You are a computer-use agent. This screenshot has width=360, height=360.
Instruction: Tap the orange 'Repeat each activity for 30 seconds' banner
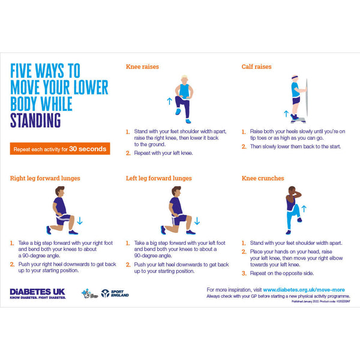point(59,149)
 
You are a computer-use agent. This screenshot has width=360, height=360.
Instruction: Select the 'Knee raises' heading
point(142,67)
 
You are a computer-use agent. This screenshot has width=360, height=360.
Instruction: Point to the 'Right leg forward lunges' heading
point(45,178)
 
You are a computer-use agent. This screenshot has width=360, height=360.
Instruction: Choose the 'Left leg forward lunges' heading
point(159,178)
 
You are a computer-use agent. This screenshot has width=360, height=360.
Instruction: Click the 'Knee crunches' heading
point(263,178)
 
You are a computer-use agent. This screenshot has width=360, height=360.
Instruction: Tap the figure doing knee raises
point(182,98)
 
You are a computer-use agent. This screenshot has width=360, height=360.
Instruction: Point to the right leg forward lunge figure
point(61,210)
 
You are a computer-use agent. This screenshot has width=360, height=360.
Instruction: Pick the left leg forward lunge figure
point(176,210)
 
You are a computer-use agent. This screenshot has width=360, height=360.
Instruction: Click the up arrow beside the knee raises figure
point(169,101)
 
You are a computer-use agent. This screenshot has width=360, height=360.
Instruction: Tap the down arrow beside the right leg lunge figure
point(80,221)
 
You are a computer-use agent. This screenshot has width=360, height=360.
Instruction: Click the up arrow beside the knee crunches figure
point(304,209)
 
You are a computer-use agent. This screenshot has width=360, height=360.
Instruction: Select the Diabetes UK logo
point(37,293)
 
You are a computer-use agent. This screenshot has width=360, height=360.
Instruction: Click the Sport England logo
point(115,293)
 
